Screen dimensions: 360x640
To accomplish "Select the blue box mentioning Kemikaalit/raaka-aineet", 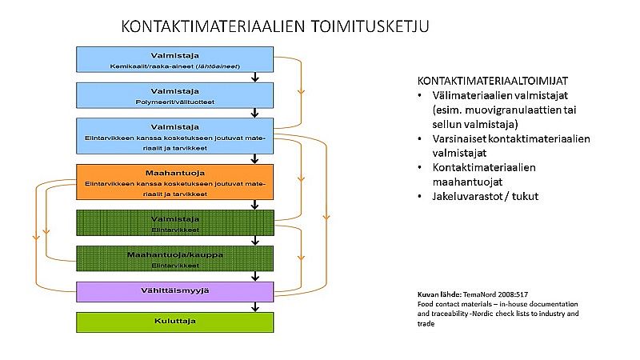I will (175, 59).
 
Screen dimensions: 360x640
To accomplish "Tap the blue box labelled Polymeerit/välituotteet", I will (175, 95).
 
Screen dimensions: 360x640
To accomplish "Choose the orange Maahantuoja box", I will (175, 182).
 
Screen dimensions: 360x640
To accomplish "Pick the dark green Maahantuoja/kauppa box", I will (175, 258).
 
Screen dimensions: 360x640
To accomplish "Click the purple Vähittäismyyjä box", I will (175, 290).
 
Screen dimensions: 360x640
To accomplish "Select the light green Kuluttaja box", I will (175, 322).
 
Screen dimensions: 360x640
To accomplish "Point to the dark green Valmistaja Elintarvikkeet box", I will (175, 222).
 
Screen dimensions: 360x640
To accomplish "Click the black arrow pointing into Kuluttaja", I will (254, 306).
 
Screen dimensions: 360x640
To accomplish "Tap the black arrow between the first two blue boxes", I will (254, 77).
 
